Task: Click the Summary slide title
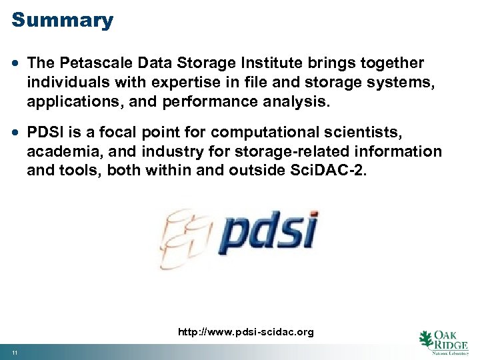tap(63, 20)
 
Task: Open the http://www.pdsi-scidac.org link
tap(245, 331)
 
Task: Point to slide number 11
tap(14, 352)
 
